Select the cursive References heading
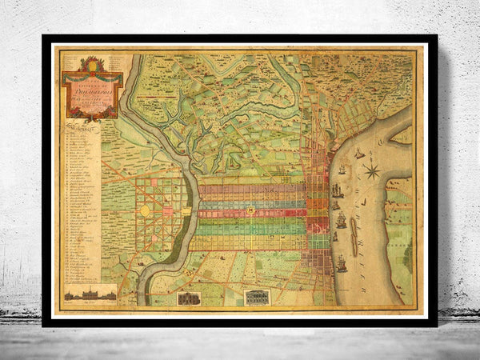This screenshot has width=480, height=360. (80, 126)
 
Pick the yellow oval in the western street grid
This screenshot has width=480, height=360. (146, 210)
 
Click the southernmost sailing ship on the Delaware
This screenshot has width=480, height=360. (342, 263)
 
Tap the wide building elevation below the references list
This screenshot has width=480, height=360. (90, 294)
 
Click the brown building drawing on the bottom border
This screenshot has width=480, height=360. (188, 298)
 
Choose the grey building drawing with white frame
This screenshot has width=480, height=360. (258, 298)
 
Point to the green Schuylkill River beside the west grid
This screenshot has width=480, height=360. (191, 200)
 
